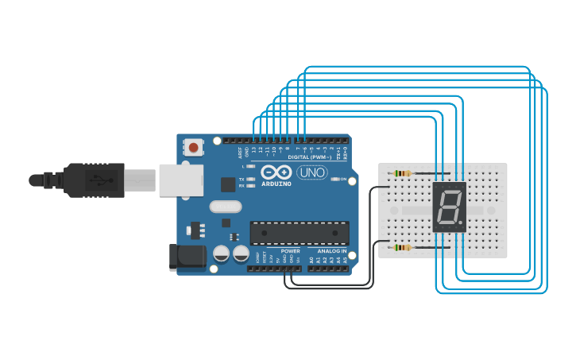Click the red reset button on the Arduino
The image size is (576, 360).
[x=193, y=147]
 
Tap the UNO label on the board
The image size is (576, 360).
[x=312, y=172]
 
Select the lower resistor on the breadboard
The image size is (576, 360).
[x=404, y=248]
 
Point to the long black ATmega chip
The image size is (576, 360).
[x=300, y=232]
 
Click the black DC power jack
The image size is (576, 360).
[x=187, y=257]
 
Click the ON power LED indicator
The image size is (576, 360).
[x=334, y=180]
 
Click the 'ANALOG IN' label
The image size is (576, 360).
[x=327, y=250]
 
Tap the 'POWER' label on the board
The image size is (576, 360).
[x=290, y=250]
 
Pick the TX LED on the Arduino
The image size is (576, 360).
[x=251, y=180]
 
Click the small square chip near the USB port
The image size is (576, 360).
[x=228, y=184]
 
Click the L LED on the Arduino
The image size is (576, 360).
[x=251, y=166]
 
